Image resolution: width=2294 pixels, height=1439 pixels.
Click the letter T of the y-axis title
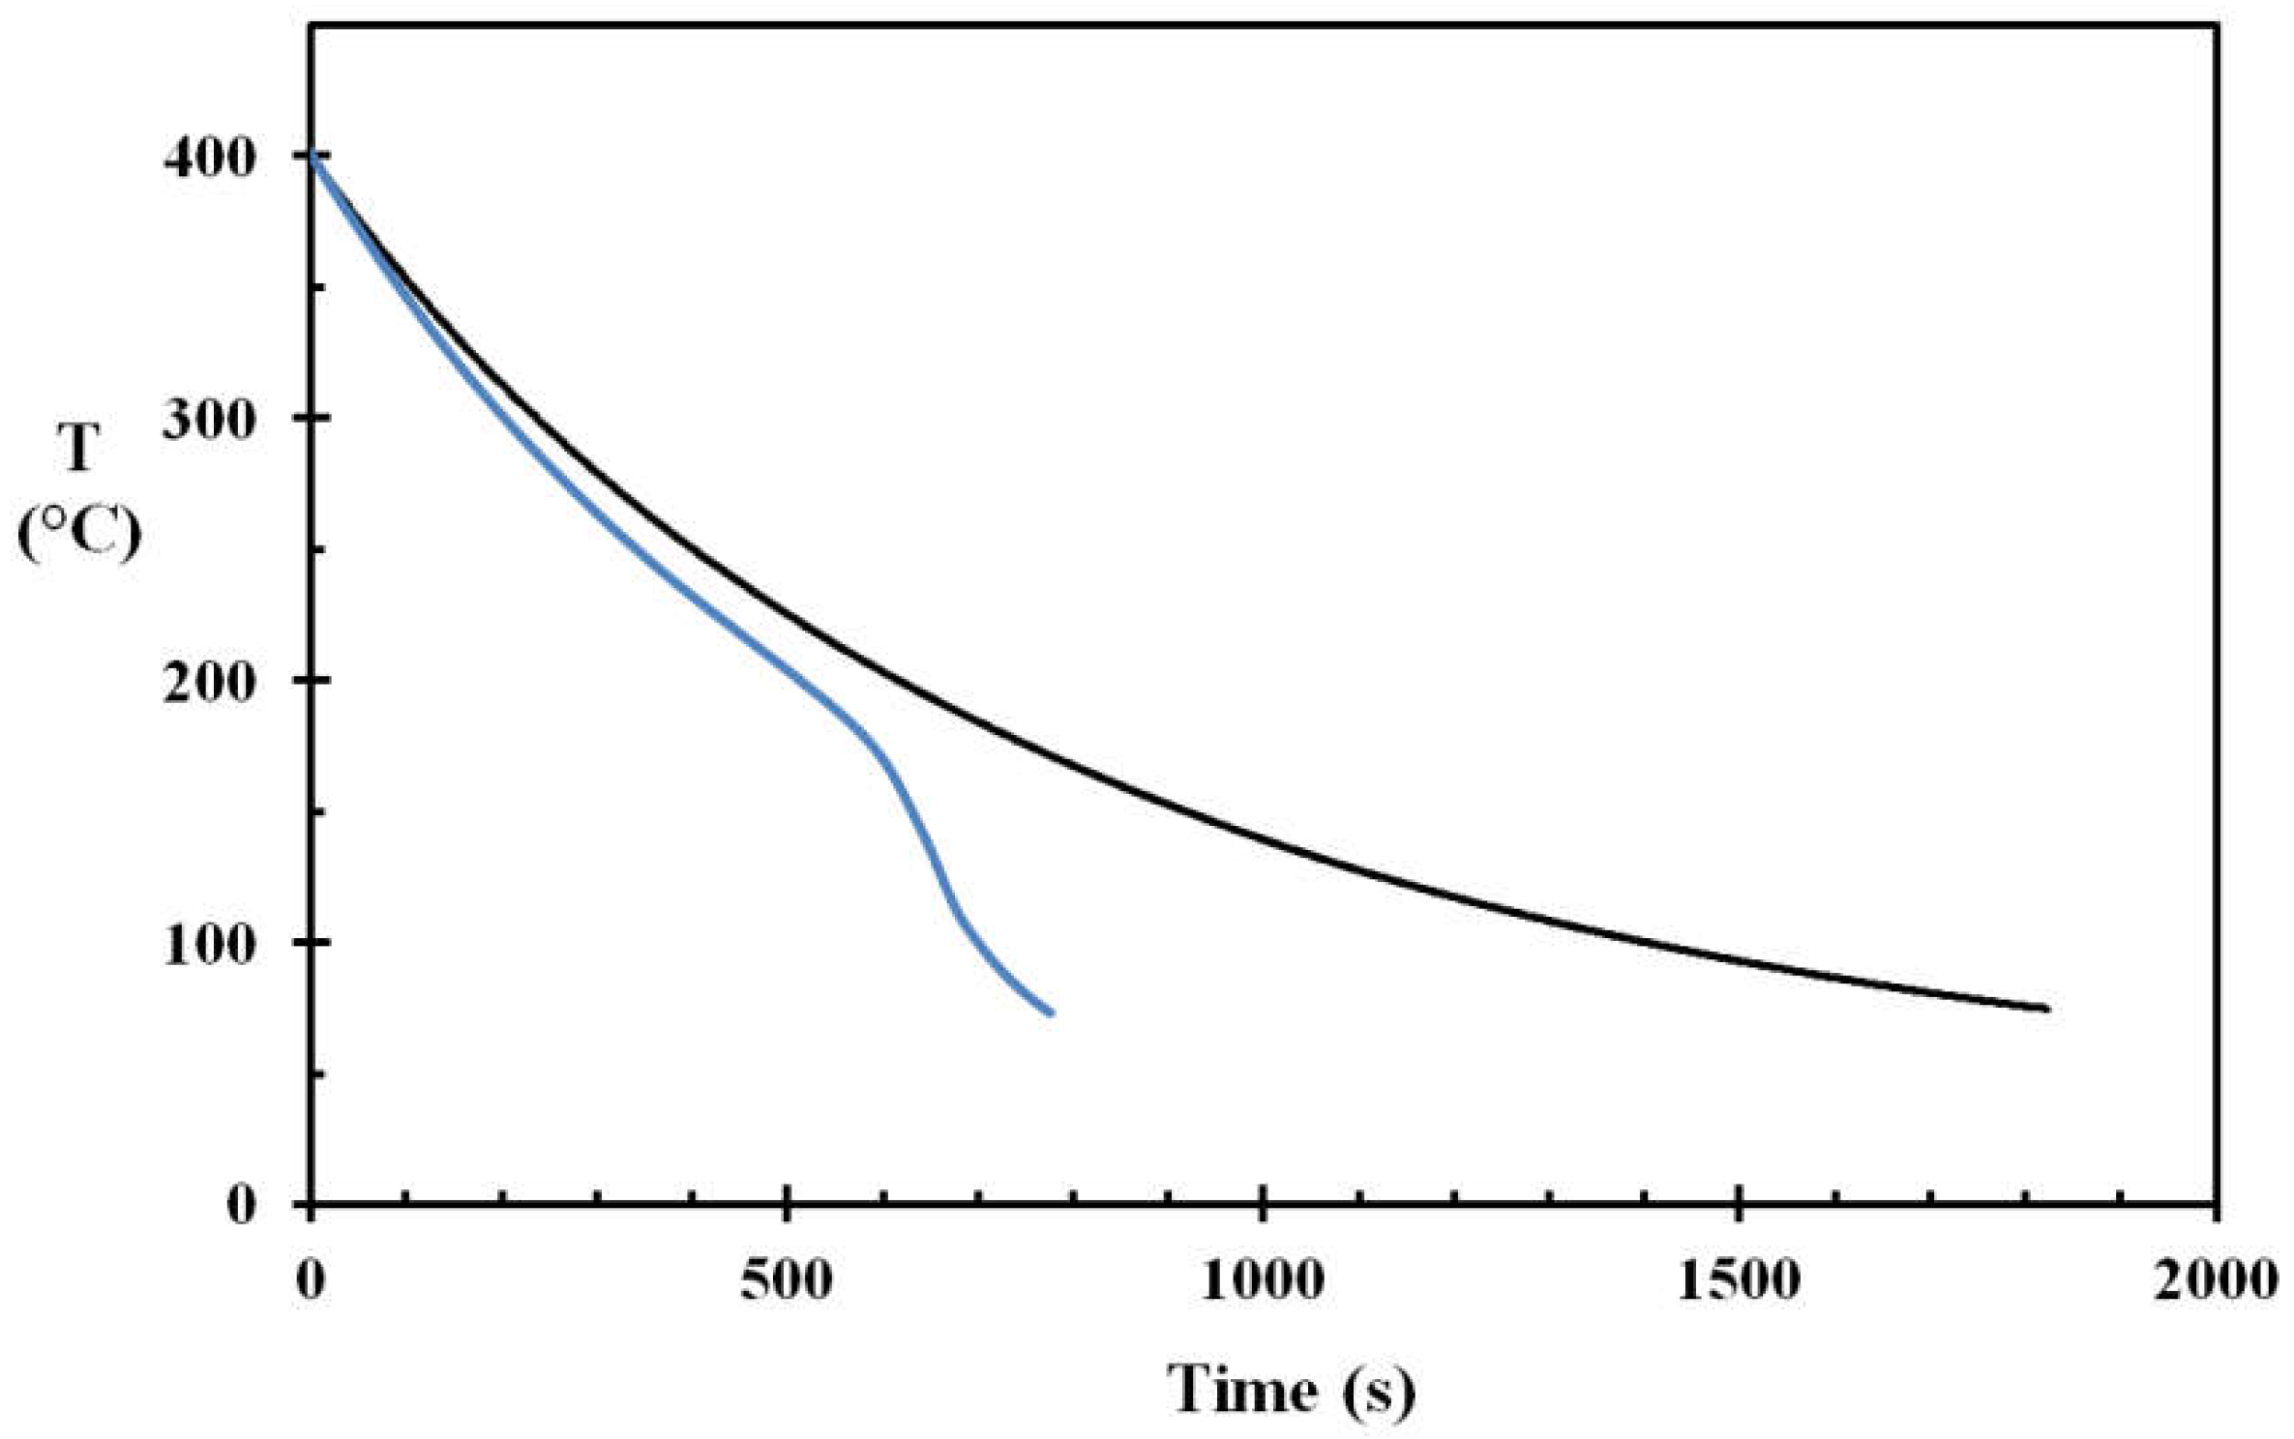(79, 450)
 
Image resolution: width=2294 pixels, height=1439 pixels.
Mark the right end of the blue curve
(1051, 1013)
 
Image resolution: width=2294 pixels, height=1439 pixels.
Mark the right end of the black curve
(2047, 1010)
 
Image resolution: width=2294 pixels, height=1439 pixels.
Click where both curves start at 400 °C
(312, 156)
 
